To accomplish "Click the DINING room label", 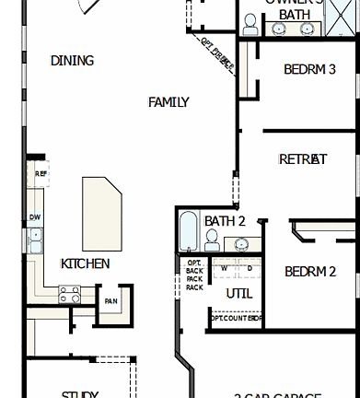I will tap(72, 61).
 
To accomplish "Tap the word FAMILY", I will tap(168, 102).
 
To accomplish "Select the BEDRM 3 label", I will tap(309, 69).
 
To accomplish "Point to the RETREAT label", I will tap(303, 159).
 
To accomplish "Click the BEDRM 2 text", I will tap(309, 272).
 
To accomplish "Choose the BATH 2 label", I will tap(225, 221).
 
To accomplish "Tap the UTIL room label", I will tap(238, 294).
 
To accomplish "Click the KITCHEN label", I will tap(85, 263).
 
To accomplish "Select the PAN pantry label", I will tap(110, 301).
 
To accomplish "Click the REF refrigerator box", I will tap(41, 173).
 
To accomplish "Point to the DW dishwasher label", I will tap(35, 217).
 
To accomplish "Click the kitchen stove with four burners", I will tap(70, 294).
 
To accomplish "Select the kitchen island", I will tap(101, 208).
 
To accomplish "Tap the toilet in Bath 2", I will tap(211, 241).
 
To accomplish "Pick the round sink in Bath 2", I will tap(241, 245).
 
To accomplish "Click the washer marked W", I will tap(224, 268).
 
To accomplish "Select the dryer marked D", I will tap(248, 268).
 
